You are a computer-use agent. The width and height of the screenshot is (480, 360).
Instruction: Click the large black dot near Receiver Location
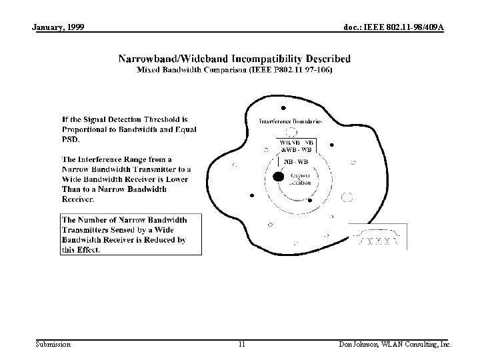277,177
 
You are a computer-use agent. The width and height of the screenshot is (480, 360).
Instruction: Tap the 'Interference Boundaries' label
290,121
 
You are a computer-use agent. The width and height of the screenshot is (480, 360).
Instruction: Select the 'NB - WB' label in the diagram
296,161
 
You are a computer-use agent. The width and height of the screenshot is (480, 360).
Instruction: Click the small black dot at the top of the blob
284,107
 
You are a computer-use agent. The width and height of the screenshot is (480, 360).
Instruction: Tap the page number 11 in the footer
241,344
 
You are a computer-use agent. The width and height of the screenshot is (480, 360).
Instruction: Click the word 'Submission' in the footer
53,344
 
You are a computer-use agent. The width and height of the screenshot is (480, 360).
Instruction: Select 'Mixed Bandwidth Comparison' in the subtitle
191,69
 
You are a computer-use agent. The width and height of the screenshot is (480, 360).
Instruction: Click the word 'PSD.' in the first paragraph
71,139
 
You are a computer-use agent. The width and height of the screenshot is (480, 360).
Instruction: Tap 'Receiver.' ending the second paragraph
78,199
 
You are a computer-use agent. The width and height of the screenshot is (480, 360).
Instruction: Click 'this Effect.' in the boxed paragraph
81,249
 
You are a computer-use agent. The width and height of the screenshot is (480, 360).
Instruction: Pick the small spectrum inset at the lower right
378,238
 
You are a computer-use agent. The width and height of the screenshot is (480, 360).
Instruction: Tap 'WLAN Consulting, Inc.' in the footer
418,344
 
